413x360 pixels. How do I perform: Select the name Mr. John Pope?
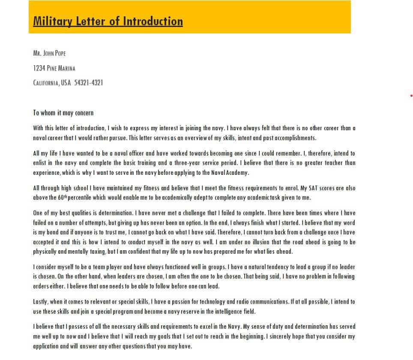click(x=49, y=54)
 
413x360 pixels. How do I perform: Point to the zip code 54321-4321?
click(x=89, y=83)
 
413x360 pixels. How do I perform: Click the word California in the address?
click(x=46, y=83)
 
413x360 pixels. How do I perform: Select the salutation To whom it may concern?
click(x=63, y=113)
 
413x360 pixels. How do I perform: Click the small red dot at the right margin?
click(x=411, y=96)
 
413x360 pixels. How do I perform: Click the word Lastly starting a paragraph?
click(x=41, y=302)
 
